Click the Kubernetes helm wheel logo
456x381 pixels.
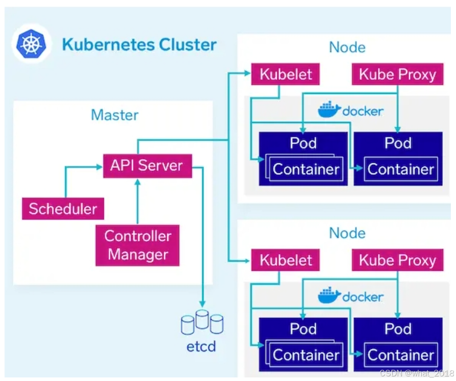(32, 44)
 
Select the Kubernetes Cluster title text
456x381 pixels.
(139, 44)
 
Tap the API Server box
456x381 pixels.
(147, 166)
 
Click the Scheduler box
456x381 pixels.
(63, 209)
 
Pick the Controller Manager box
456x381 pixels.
(137, 245)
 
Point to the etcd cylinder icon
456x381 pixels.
(202, 322)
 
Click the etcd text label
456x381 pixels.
(201, 346)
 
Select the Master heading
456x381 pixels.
(115, 115)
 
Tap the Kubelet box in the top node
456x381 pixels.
(285, 74)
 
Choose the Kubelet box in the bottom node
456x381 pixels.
(285, 260)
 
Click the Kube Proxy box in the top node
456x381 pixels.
(397, 74)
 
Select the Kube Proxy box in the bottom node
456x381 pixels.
(397, 260)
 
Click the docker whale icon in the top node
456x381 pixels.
(329, 109)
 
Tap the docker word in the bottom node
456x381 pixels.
(363, 297)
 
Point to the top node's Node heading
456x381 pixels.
(347, 47)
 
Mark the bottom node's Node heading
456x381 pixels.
(347, 233)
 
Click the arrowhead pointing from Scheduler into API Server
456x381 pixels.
(99, 167)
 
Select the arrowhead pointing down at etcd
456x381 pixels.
(202, 304)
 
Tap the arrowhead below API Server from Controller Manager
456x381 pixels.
(138, 182)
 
